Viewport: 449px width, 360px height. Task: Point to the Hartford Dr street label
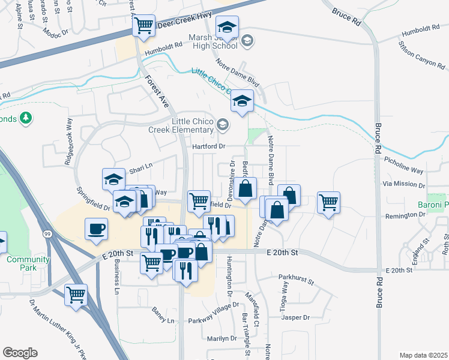coord(208,146)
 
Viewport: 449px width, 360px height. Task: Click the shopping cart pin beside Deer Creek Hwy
coord(143,26)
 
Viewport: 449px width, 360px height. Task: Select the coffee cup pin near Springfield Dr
coord(96,228)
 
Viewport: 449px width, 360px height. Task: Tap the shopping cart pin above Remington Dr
coord(328,203)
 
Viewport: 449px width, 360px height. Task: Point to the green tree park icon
coord(25,118)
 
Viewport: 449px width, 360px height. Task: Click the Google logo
coord(20,352)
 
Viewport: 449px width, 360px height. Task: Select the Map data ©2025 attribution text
coord(423,355)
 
